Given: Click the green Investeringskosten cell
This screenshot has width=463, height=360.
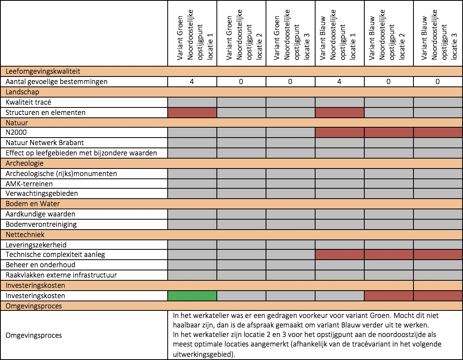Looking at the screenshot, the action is pos(192,296).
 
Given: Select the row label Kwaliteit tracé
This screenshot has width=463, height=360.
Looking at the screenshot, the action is pos(29,102).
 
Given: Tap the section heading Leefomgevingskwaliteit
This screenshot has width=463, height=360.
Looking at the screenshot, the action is pos(43,71).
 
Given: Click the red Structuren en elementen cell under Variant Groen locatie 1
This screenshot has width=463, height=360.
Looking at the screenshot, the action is pos(192,113).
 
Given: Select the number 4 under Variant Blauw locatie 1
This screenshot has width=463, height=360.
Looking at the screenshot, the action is pos(339,82).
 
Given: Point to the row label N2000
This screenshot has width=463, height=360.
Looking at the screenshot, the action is pos(16,132).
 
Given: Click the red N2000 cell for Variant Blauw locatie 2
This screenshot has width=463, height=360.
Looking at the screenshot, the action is pos(388,132).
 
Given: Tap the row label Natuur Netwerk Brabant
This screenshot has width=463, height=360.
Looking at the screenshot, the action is pos(44,143).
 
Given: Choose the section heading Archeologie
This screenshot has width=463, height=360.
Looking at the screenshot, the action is pos(25,163).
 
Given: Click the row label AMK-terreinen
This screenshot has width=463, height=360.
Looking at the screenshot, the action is pos(29,184).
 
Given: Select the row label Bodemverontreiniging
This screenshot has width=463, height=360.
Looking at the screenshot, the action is pos(41,224).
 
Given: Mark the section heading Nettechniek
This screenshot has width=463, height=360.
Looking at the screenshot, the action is pos(25,234).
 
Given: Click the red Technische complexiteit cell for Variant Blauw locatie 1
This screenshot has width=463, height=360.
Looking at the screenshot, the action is pos(340,254).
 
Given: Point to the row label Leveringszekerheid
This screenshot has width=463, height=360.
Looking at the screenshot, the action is pos(36,245).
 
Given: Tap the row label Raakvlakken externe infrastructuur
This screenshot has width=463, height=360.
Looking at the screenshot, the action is pos(61,275).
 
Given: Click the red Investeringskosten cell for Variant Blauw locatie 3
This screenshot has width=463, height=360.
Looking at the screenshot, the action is pos(438,296).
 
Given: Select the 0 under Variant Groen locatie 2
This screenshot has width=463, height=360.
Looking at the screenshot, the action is pos(241,82).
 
